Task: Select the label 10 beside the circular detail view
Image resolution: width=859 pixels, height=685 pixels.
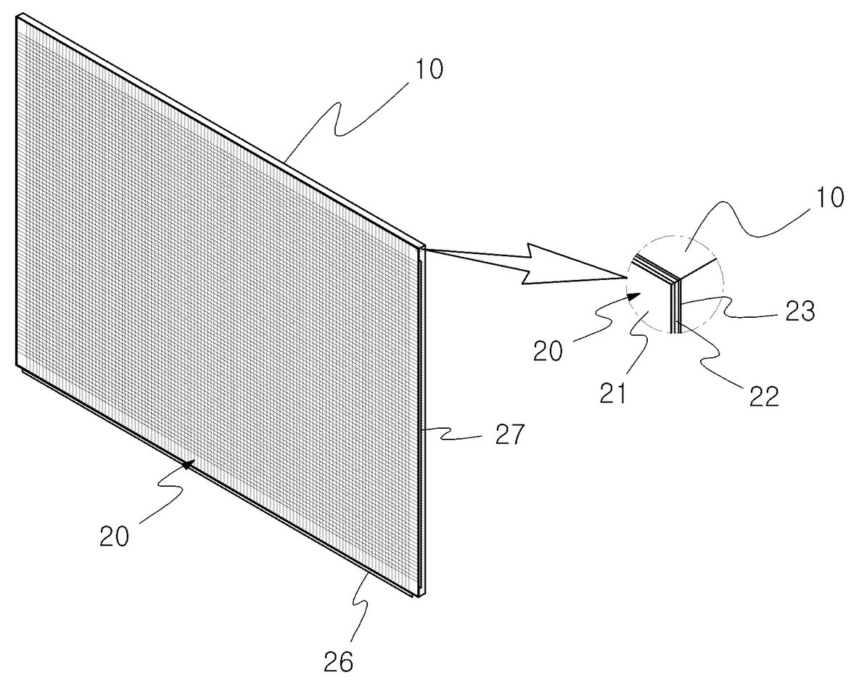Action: (829, 198)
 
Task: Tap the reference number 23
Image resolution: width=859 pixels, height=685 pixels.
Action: (800, 311)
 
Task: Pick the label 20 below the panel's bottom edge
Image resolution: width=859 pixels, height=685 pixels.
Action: (114, 535)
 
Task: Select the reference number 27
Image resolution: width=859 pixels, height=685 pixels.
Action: (509, 434)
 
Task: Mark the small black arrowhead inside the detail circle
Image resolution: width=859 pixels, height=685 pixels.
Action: (634, 297)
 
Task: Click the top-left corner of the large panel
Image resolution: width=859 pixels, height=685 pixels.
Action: (16, 16)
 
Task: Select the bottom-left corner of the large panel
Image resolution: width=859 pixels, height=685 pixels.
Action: (16, 365)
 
